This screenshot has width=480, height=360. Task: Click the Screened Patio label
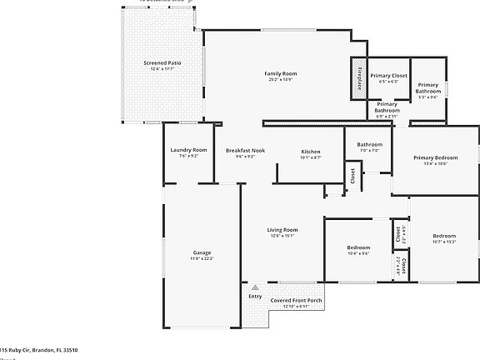tap(162, 62)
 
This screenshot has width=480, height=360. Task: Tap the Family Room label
tap(281, 73)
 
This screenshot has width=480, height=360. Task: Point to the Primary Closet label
tap(388, 75)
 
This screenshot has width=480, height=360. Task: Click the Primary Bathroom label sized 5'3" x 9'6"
tap(427, 87)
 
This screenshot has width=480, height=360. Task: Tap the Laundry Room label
tap(188, 150)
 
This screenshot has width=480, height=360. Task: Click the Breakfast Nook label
tap(245, 150)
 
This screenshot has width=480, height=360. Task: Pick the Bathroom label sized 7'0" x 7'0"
tap(369, 144)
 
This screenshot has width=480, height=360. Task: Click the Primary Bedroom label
tap(435, 157)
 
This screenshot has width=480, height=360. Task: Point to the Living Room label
tap(282, 229)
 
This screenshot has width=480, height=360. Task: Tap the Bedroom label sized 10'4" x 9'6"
tap(358, 247)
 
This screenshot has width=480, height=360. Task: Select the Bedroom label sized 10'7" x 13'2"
tap(443, 236)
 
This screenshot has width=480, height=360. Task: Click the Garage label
tap(202, 252)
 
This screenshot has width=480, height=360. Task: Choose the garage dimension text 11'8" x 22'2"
tap(202, 258)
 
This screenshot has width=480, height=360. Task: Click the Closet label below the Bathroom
tap(352, 175)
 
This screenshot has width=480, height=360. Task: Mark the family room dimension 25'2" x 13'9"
tap(281, 80)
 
